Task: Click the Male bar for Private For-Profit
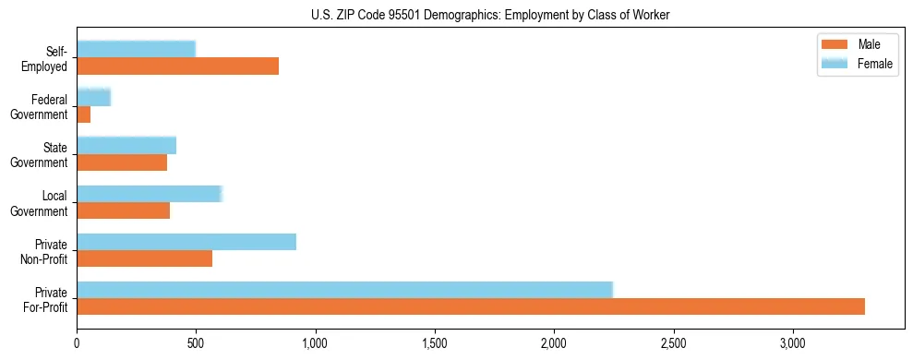click(x=471, y=306)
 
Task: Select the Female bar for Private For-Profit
click(x=344, y=290)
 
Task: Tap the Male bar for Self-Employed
click(x=177, y=66)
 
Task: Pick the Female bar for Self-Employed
click(x=136, y=49)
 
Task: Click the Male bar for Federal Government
click(x=84, y=114)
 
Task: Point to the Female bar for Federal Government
click(x=93, y=97)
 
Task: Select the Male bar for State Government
click(x=122, y=162)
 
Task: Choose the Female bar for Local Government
click(x=150, y=193)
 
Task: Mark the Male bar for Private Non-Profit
click(x=145, y=258)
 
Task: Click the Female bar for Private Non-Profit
click(x=186, y=242)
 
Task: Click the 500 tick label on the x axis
click(x=196, y=343)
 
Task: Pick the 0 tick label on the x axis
click(x=77, y=343)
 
